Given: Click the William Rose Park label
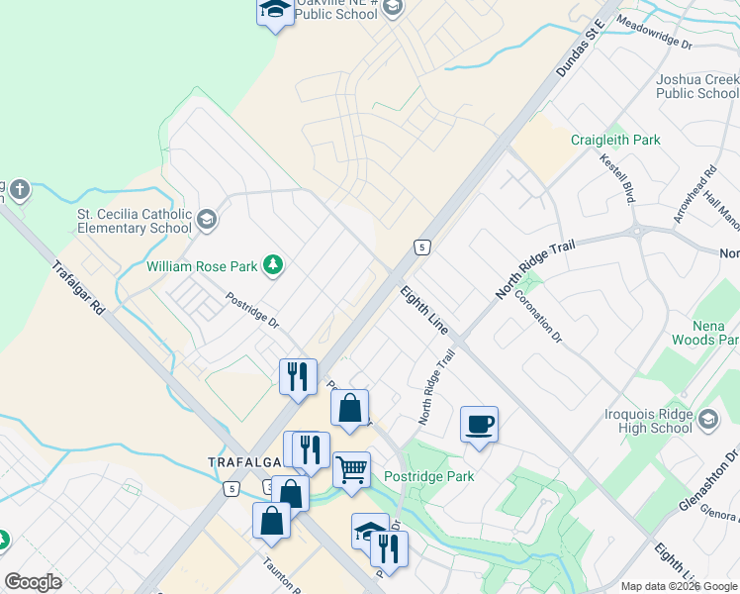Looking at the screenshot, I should tap(202, 265).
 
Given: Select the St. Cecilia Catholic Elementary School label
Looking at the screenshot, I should tap(135, 221).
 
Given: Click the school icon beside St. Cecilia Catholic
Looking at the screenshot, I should tap(207, 220).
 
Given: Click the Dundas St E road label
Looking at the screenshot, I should tap(580, 49).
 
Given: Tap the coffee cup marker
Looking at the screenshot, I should tap(480, 425).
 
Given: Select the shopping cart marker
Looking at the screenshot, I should tap(351, 470).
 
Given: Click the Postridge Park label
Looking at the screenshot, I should tap(429, 476).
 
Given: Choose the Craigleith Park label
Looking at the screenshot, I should tap(615, 140).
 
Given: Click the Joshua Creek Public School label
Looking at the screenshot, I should tap(697, 86).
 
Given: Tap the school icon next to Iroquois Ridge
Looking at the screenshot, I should tap(708, 421).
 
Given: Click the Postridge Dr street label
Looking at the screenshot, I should tap(252, 310).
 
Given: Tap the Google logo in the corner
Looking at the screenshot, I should tap(34, 581).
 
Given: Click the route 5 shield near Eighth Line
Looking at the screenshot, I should tap(422, 247).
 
